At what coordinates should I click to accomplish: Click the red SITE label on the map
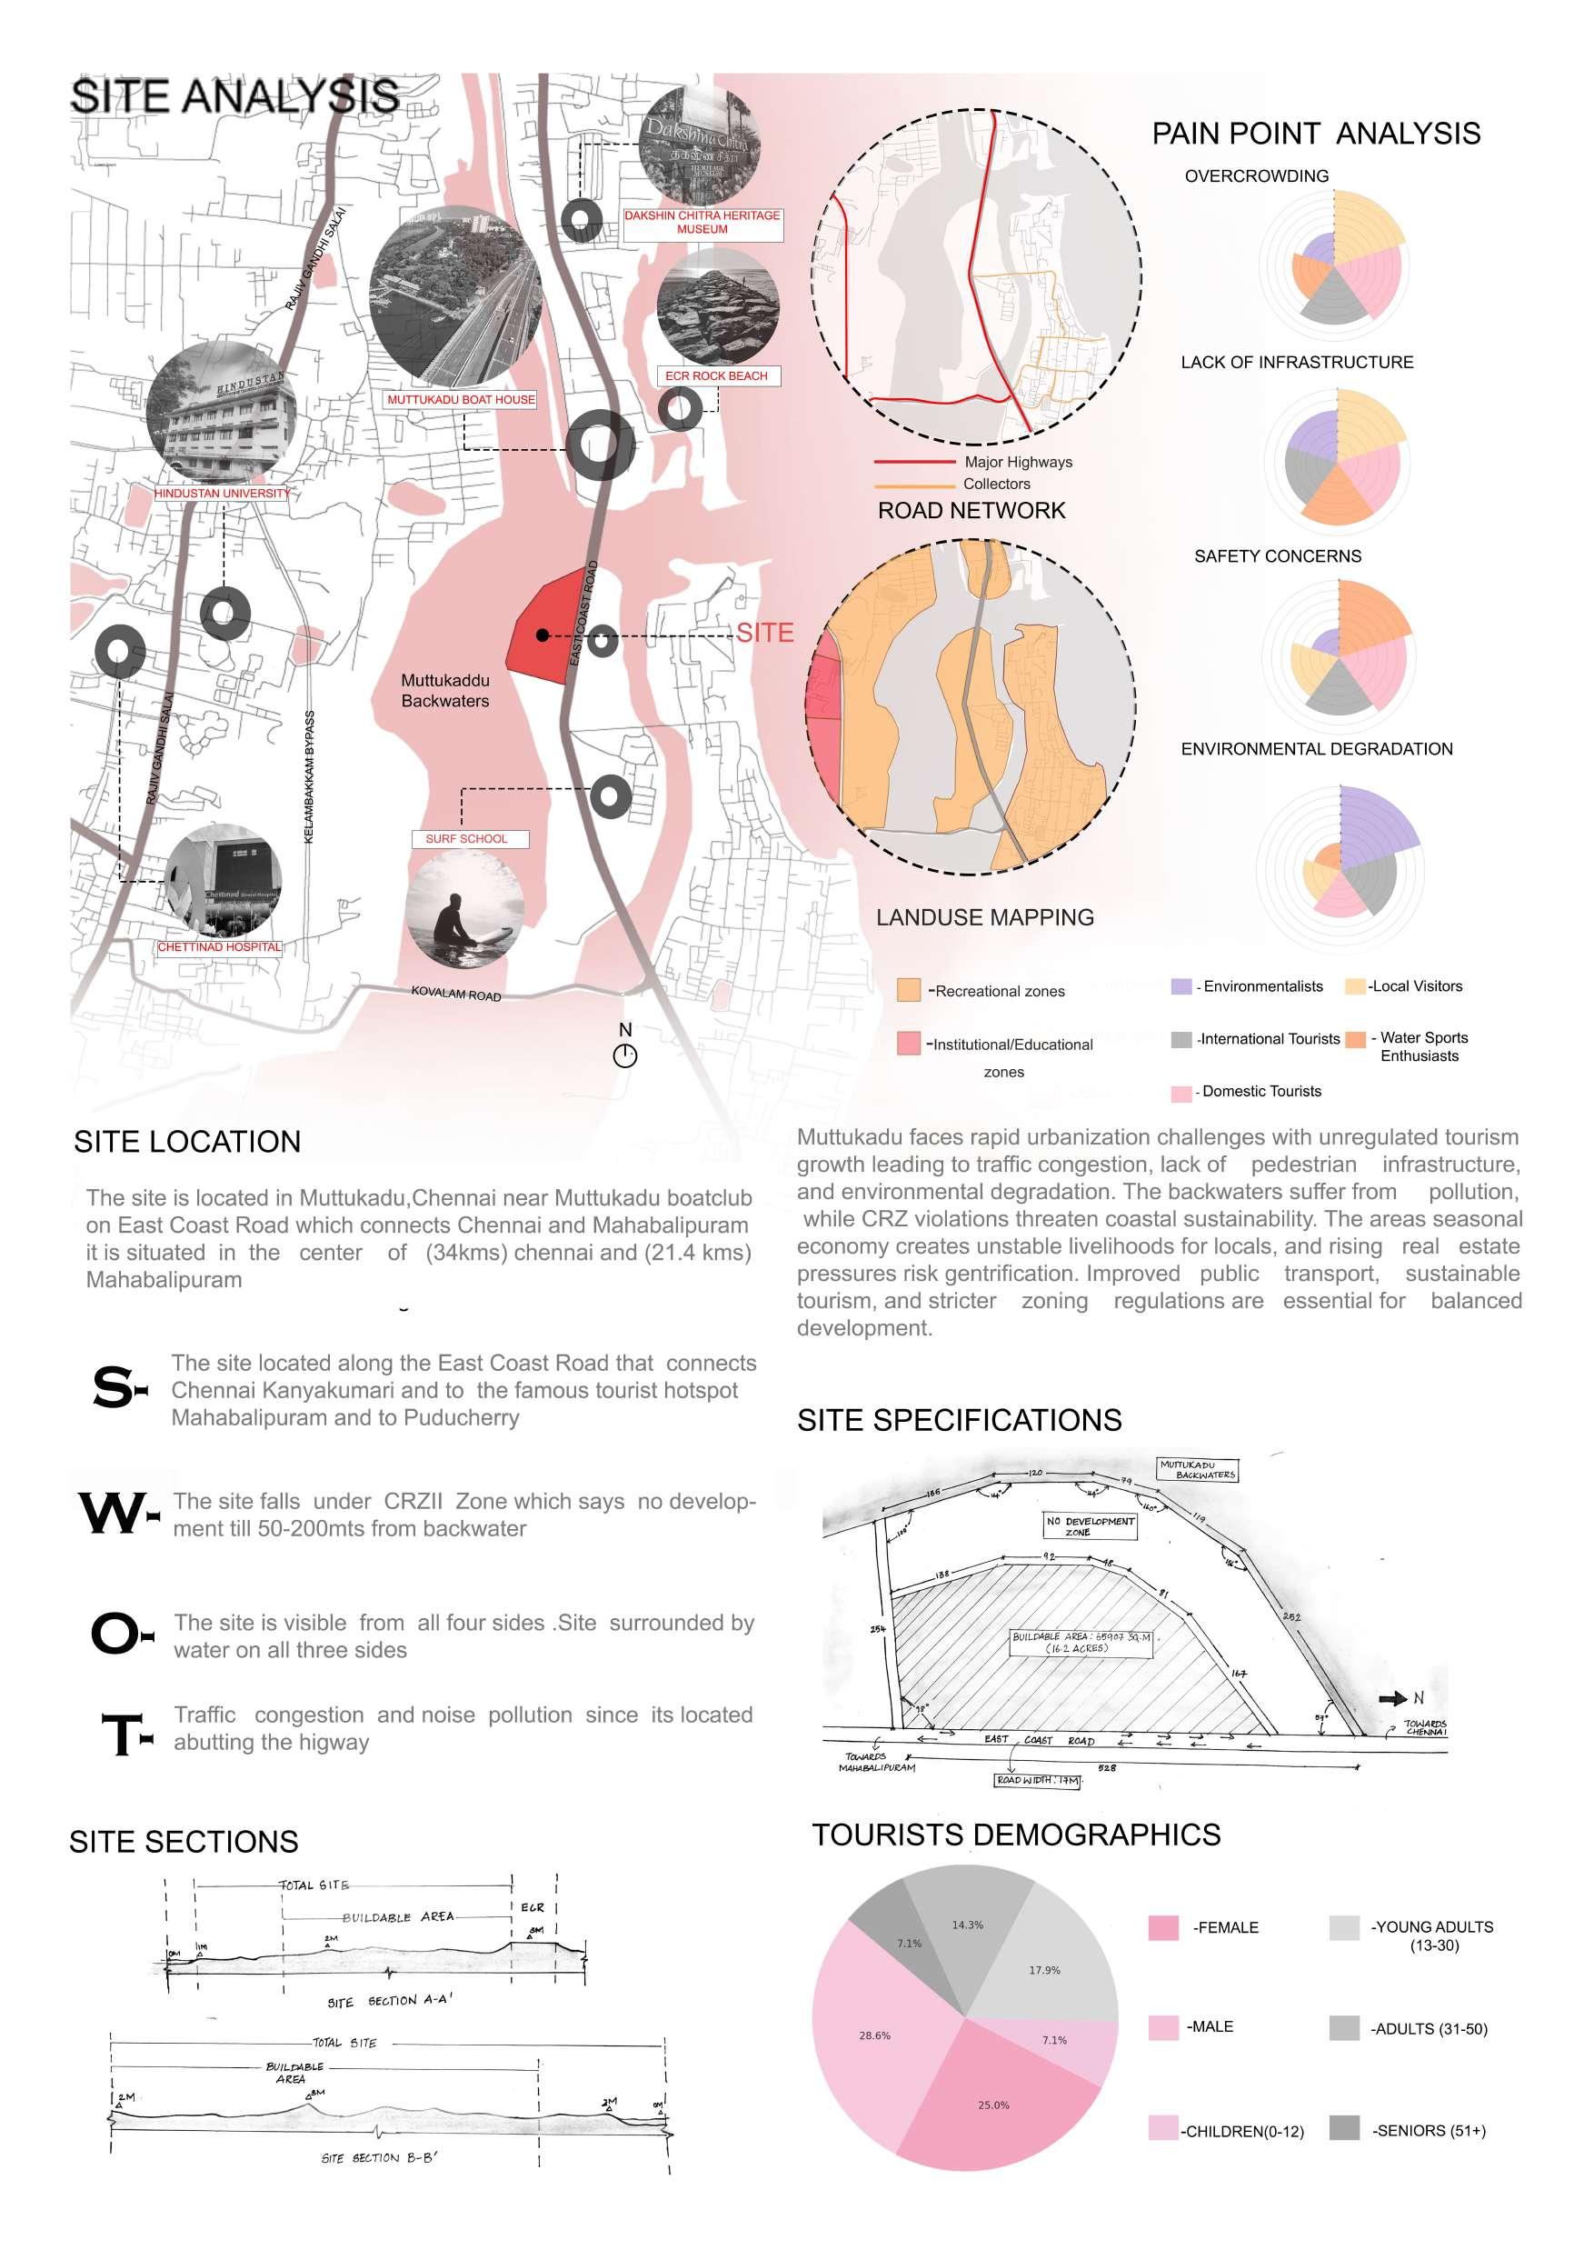[x=764, y=633]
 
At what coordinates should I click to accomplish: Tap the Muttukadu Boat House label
[x=461, y=399]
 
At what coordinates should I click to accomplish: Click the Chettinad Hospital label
[x=220, y=947]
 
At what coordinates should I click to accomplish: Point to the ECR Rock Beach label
[x=715, y=376]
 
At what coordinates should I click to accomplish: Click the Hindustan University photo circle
[x=221, y=414]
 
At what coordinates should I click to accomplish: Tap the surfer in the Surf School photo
[x=456, y=919]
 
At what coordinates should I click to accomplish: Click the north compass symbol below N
[x=625, y=1056]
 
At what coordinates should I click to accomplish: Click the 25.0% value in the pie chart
[x=993, y=2105]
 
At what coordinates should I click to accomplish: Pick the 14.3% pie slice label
[x=967, y=1925]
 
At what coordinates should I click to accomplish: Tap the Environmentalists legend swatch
[x=1181, y=986]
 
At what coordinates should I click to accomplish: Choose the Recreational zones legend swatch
[x=909, y=991]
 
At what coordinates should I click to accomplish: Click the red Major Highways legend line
[x=914, y=462]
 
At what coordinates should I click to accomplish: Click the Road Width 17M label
[x=1038, y=1780]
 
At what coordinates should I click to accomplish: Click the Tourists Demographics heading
[x=1016, y=1835]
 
